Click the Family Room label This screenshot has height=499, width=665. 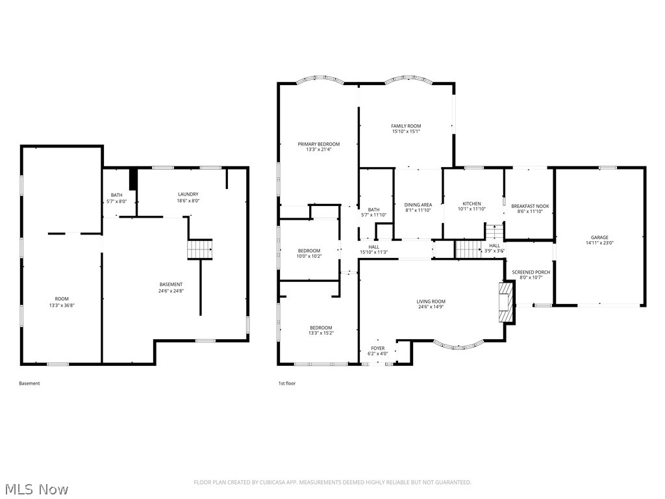[x=406, y=126]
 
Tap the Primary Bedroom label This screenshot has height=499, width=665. [x=318, y=144]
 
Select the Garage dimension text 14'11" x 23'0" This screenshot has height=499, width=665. [x=599, y=243]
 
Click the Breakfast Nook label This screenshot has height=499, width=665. [x=530, y=206]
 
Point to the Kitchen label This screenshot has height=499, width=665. [x=471, y=204]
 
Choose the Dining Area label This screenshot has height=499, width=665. [x=418, y=205]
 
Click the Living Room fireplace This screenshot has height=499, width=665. [x=506, y=303]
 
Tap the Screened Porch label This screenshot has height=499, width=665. [x=531, y=272]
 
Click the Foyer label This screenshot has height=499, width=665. [x=378, y=348]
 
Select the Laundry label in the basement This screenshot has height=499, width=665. [x=188, y=194]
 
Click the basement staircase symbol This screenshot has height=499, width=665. [x=200, y=249]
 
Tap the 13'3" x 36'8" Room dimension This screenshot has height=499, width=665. [x=62, y=305]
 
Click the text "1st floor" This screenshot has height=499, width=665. [x=287, y=383]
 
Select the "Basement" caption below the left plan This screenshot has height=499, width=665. [x=29, y=383]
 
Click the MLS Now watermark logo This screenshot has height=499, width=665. [x=36, y=489]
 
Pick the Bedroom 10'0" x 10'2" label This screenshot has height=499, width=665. [x=309, y=251]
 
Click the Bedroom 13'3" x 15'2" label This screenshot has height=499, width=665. [x=321, y=327]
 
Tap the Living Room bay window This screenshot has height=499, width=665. [x=458, y=344]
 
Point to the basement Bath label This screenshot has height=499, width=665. [x=116, y=195]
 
